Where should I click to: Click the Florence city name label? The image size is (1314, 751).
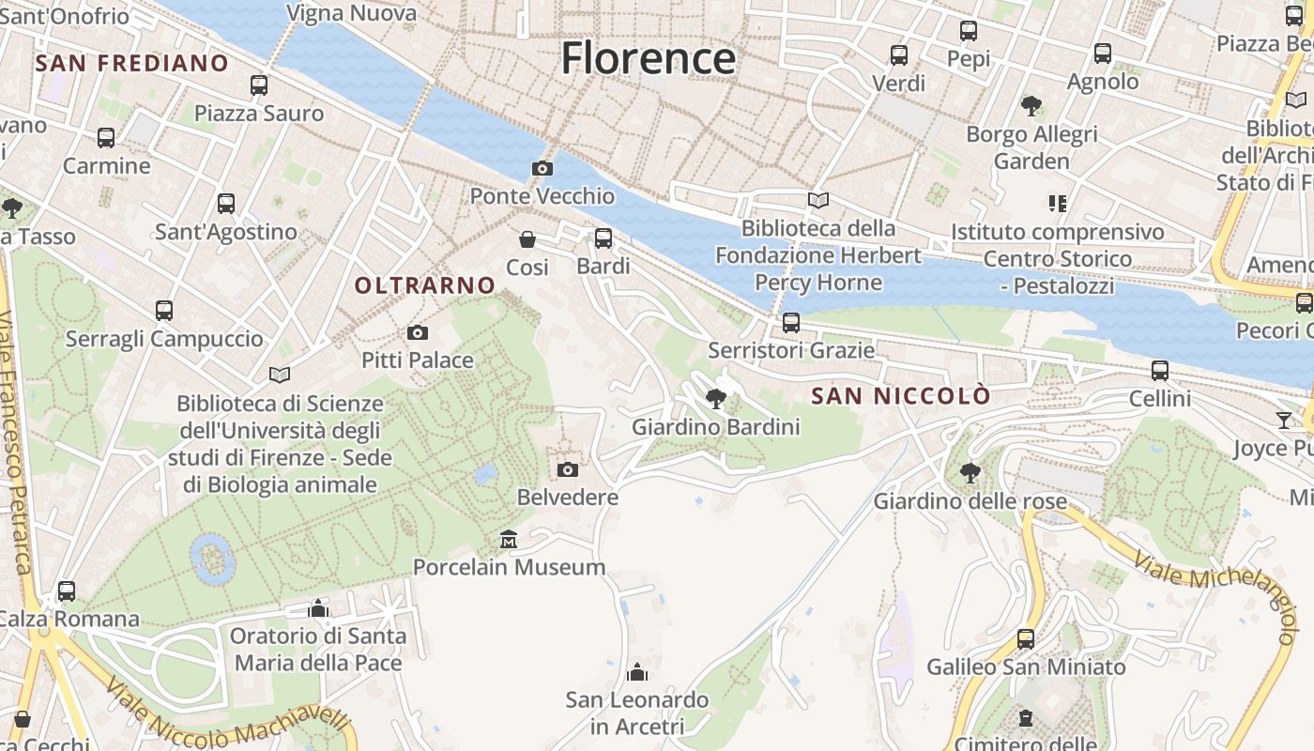[x=648, y=58]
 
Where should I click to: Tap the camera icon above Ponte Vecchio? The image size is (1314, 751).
[x=542, y=169]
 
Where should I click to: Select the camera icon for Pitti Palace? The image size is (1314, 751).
[x=418, y=332]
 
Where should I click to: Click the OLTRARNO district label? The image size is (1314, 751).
[x=425, y=285]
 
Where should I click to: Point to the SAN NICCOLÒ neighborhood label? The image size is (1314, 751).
[x=900, y=396]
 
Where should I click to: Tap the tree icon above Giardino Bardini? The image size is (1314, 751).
[x=716, y=399]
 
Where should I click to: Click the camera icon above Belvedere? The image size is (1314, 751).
[x=567, y=469]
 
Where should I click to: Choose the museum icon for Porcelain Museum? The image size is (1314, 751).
[x=509, y=540]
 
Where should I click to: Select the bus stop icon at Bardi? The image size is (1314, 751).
[x=604, y=238]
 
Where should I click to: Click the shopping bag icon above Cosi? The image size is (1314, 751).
[x=527, y=239]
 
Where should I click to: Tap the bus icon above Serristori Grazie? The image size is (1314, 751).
[x=791, y=323]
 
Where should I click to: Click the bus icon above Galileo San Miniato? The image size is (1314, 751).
[x=1026, y=639]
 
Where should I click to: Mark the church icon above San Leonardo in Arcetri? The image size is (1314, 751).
[x=637, y=672]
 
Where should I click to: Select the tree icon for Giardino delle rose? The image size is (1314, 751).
[x=970, y=472]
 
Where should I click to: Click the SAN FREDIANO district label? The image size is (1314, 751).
[x=131, y=64]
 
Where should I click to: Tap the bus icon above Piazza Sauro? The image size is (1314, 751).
[x=259, y=85]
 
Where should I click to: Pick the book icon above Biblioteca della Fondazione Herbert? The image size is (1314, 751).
[x=818, y=200]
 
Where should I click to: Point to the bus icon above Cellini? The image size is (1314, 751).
[x=1160, y=371]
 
